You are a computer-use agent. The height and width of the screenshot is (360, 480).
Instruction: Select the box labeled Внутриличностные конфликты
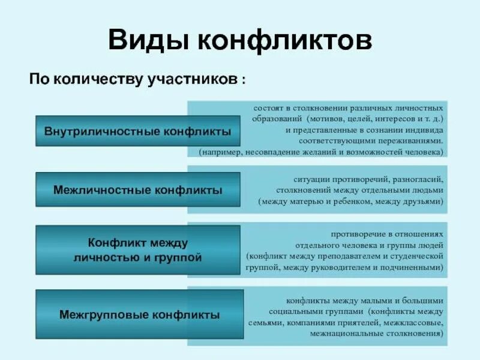click(x=138, y=131)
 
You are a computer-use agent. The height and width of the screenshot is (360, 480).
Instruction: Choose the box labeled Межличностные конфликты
click(x=138, y=190)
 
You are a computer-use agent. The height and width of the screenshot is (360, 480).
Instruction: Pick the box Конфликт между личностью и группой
click(x=138, y=250)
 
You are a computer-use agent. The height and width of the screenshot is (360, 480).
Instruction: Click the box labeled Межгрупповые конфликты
click(x=139, y=314)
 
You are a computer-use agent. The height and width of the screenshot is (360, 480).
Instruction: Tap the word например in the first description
click(x=221, y=152)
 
